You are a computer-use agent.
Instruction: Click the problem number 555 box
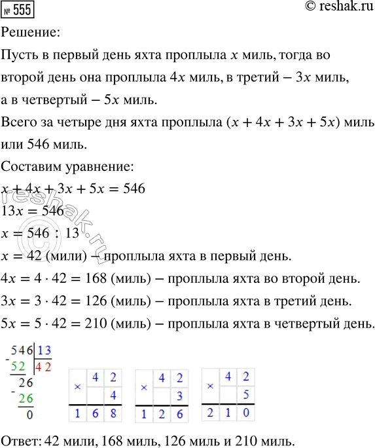click(19, 9)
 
